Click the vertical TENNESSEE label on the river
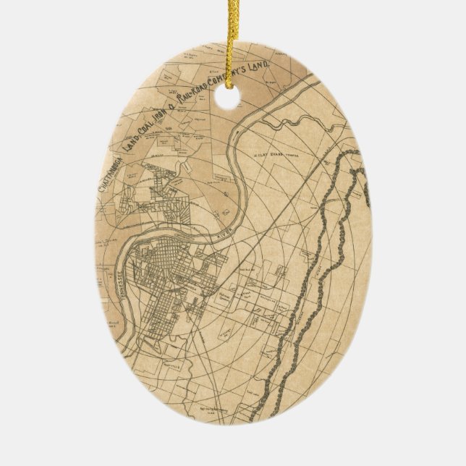click(x=132, y=271)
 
